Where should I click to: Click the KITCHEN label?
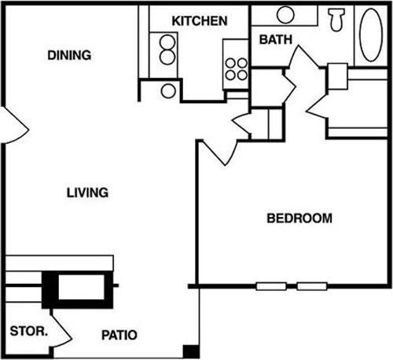pyautogui.click(x=200, y=21)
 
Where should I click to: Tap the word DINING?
pyautogui.click(x=70, y=56)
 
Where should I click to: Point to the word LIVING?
pyautogui.click(x=86, y=193)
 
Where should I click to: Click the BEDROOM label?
pyautogui.click(x=299, y=218)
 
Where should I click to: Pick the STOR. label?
pyautogui.click(x=29, y=331)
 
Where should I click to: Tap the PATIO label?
pyautogui.click(x=121, y=335)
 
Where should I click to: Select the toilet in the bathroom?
pyautogui.click(x=337, y=19)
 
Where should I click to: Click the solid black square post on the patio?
pyautogui.click(x=189, y=351)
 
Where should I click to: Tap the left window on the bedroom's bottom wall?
pyautogui.click(x=270, y=286)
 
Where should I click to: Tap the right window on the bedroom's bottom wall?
pyautogui.click(x=311, y=286)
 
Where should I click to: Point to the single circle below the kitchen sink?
pyautogui.click(x=168, y=90)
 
